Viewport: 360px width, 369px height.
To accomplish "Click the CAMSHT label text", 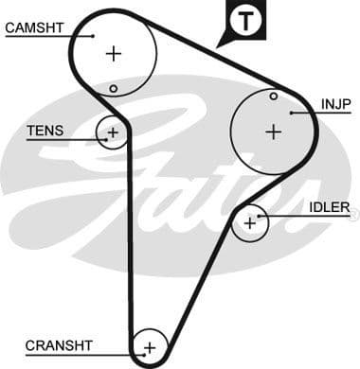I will click(x=34, y=27).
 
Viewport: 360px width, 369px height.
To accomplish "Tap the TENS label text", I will click(x=45, y=131).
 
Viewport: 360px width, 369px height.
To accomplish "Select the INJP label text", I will click(x=336, y=103).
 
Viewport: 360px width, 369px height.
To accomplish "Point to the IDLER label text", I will click(x=330, y=207).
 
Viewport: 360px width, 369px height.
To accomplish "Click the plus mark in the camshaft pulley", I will click(x=114, y=54).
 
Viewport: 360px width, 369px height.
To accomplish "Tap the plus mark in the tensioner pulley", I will click(x=113, y=132).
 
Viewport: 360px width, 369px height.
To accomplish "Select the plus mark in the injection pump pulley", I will click(x=274, y=132).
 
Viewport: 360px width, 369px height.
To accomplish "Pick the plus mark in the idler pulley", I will click(x=250, y=223).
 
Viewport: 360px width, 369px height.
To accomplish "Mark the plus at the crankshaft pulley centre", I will click(x=149, y=348).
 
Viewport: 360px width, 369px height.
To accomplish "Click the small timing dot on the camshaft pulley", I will click(x=113, y=89).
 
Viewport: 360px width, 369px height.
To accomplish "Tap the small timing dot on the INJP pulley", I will click(x=274, y=96).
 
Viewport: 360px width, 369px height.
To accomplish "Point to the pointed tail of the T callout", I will click(x=220, y=44).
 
